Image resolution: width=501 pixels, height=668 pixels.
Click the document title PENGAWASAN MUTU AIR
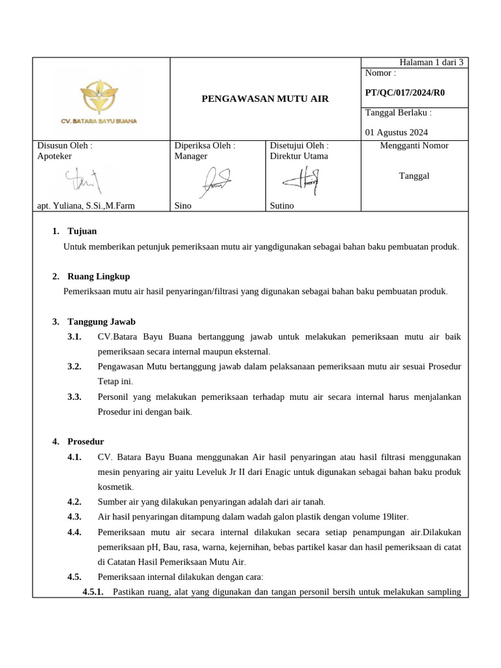point(265,99)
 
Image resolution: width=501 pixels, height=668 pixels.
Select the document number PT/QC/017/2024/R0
point(404,93)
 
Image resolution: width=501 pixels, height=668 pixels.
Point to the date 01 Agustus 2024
point(397,132)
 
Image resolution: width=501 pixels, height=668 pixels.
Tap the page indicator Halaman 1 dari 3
point(431,63)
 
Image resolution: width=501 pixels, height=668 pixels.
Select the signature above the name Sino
point(215,179)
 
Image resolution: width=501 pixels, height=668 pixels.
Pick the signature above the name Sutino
point(301,179)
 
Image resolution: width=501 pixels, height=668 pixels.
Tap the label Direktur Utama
point(299,156)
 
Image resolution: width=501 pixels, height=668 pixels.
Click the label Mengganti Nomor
point(414,145)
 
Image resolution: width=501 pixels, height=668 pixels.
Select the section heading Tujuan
point(82,231)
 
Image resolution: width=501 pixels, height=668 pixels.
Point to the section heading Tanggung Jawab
point(101,322)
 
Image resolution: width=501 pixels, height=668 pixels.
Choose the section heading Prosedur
point(85,442)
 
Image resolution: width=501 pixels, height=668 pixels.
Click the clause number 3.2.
point(74,367)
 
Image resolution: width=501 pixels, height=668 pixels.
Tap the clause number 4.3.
point(74,517)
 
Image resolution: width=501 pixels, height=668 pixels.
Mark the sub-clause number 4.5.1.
point(93,592)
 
